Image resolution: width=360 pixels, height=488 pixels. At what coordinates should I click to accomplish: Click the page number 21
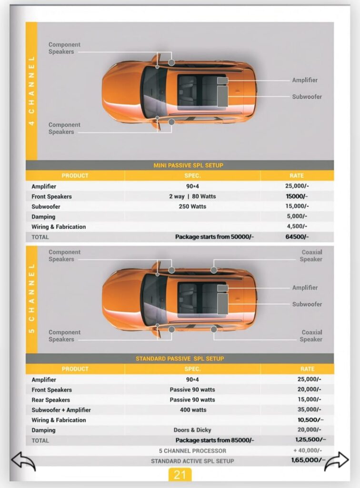(x=180, y=475)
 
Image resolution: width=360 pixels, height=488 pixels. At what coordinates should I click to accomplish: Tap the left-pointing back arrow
(x=23, y=462)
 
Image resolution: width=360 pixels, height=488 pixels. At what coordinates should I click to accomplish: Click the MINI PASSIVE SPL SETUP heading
(x=188, y=165)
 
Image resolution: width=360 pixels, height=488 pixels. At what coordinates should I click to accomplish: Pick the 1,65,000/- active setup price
(x=308, y=460)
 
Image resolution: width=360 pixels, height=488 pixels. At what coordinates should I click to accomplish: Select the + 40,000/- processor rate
(x=308, y=450)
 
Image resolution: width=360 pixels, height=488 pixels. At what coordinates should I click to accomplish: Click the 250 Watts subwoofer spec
(x=192, y=206)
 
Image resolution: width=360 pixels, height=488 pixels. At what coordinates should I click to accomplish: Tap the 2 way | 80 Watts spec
(x=192, y=196)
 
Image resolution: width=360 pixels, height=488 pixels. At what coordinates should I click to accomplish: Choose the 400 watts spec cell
(x=192, y=410)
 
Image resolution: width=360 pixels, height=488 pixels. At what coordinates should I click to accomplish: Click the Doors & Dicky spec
(x=192, y=430)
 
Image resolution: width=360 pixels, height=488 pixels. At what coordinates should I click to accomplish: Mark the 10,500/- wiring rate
(x=310, y=420)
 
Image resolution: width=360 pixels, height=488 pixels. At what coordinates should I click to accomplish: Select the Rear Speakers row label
(x=50, y=400)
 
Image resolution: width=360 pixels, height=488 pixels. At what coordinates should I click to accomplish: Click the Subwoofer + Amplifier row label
(x=61, y=410)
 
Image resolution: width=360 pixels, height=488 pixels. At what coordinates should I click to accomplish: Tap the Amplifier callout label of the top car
(x=305, y=80)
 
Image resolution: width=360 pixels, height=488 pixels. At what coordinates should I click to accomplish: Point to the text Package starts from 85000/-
(x=215, y=440)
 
